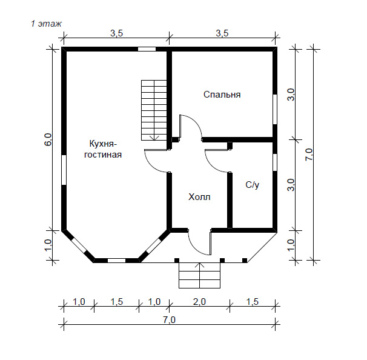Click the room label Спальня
click(222, 95)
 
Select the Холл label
click(199, 197)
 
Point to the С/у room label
click(253, 185)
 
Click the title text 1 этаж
click(47, 24)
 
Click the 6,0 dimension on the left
click(48, 139)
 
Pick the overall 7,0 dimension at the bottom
click(169, 320)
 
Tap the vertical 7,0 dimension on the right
click(309, 155)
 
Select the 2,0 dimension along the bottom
click(199, 302)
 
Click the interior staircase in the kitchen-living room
click(154, 110)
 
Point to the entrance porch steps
click(199, 275)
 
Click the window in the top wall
click(147, 49)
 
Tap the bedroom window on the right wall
click(275, 109)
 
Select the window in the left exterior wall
click(64, 170)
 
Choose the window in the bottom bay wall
click(116, 261)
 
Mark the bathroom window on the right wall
click(275, 162)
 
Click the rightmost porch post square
click(245, 260)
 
